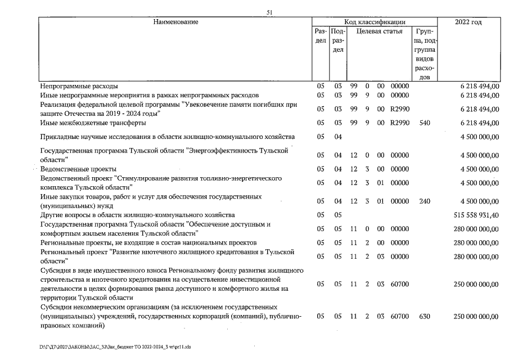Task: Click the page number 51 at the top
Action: pyautogui.click(x=270, y=12)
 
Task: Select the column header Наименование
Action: pyautogui.click(x=175, y=22)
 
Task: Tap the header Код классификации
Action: pyautogui.click(x=374, y=22)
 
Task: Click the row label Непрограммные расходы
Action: pyautogui.click(x=79, y=86)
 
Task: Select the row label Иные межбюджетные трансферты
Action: pyautogui.click(x=93, y=123)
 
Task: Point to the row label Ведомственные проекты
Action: pyautogui.click(x=78, y=169)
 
